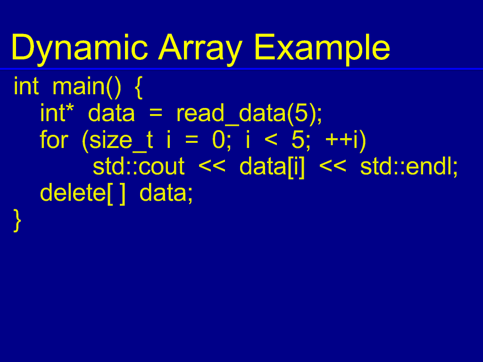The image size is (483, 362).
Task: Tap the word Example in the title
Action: click(x=322, y=48)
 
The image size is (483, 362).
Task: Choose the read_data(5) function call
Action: click(x=249, y=114)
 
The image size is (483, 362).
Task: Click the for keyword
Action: click(x=54, y=140)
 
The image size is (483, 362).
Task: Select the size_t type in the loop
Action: click(x=117, y=140)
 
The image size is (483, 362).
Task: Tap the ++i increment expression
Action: click(x=345, y=140)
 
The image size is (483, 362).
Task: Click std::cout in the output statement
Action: click(x=139, y=167)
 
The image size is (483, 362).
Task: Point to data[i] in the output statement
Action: click(x=272, y=167)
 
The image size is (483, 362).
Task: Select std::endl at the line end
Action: click(x=408, y=167)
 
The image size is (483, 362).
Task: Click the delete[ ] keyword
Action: click(x=83, y=193)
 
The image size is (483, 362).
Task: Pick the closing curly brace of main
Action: click(x=17, y=220)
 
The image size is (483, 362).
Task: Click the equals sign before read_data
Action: click(x=156, y=115)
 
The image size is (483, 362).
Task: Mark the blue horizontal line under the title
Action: click(x=241, y=69)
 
